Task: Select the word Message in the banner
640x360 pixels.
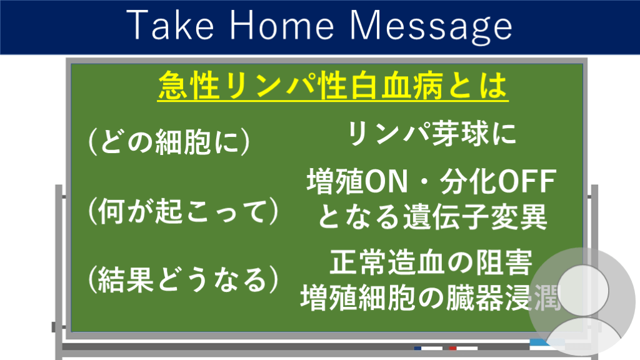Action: click(x=431, y=27)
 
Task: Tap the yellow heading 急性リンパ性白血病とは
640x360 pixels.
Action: click(x=332, y=86)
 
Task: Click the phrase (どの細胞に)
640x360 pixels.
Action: click(x=169, y=142)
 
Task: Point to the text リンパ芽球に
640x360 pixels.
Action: click(x=431, y=134)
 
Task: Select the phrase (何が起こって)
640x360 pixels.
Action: click(x=183, y=211)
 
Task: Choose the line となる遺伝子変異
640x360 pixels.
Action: click(x=432, y=217)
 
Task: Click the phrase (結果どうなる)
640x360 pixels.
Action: click(x=183, y=280)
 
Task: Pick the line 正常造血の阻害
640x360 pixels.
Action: click(x=431, y=262)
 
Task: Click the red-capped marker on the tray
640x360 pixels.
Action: click(x=463, y=348)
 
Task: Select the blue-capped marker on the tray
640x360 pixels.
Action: click(x=428, y=348)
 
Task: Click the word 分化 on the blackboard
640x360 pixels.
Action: click(x=469, y=182)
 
